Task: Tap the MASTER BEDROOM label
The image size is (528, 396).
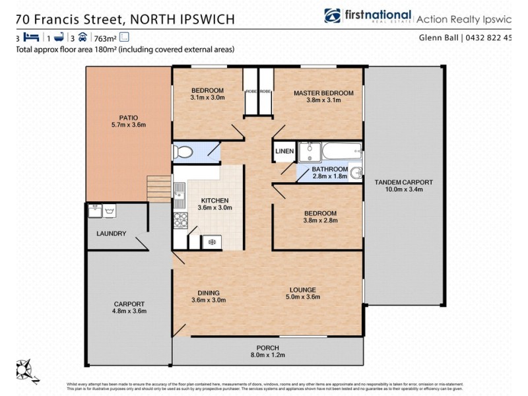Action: tap(323, 93)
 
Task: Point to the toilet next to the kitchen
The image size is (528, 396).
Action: tap(183, 153)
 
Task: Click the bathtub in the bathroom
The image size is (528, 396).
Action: tap(341, 152)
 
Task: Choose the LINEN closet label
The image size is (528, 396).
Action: tap(284, 152)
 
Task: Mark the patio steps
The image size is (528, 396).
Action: tap(159, 189)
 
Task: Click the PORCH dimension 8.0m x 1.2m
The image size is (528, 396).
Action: tap(268, 356)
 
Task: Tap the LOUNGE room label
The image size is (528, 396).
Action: tap(302, 289)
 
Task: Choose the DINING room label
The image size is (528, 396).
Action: tap(208, 292)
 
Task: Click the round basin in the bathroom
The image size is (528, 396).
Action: tap(356, 173)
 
